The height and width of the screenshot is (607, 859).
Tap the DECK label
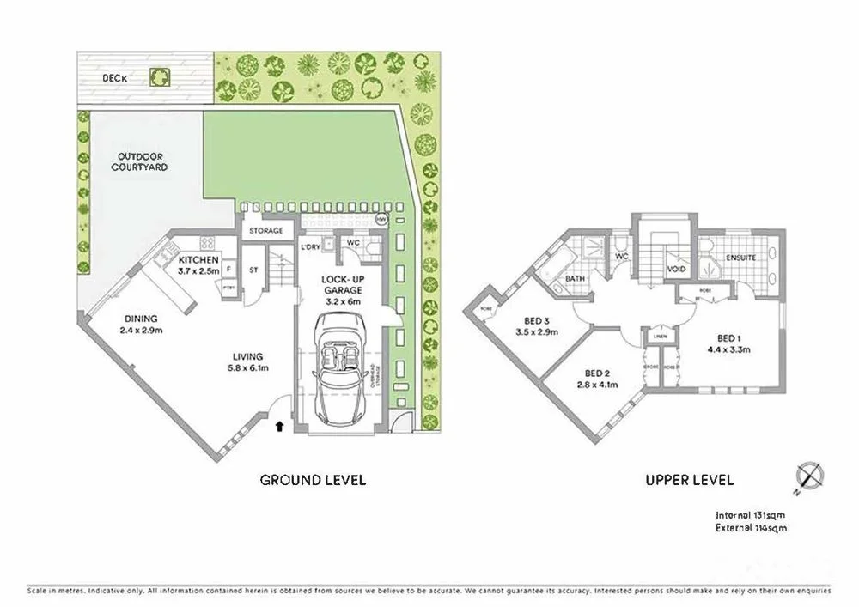115,77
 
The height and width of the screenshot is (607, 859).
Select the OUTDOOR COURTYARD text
139,161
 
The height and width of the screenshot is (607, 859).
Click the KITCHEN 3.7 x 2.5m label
198,265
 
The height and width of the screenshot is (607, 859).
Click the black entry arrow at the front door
278,423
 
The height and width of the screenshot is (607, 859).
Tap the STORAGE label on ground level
266,231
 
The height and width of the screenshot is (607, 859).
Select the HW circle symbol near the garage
381,219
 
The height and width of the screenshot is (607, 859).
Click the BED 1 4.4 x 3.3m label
729,343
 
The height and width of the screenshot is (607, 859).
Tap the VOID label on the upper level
677,270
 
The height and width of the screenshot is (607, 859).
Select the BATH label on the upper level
576,280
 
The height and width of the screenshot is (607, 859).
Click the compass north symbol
809,475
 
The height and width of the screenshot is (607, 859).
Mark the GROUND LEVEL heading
313,480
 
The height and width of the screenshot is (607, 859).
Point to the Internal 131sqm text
751,515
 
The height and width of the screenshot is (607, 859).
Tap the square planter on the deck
159,77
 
